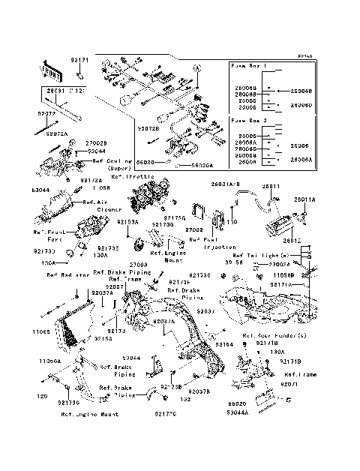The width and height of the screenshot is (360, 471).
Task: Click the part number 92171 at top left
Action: [79, 59]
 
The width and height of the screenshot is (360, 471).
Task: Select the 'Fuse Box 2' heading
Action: [248, 120]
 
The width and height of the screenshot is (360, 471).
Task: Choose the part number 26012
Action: [292, 241]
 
